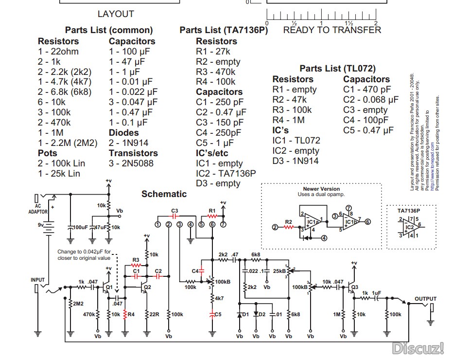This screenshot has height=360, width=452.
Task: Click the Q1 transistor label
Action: coord(109,287)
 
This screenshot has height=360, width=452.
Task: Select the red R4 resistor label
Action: coord(131,314)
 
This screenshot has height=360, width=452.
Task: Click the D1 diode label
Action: coord(245,314)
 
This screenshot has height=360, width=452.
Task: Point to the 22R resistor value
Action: coord(154,314)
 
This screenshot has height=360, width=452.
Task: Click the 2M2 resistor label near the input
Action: coord(78,305)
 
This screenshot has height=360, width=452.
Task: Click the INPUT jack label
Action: coord(37,280)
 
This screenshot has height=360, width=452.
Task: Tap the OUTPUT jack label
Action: coord(425,299)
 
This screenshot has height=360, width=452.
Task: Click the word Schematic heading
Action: coord(164,194)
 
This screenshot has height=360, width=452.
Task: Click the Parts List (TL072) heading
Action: coord(337,69)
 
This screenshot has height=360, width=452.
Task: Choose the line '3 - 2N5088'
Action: coord(133,163)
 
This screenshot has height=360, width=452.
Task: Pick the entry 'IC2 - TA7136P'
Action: coord(226,174)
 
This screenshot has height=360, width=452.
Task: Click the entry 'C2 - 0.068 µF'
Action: coord(370,100)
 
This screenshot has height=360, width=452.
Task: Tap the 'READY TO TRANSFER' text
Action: coord(332,30)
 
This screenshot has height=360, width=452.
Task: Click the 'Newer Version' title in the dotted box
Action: coord(321,189)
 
